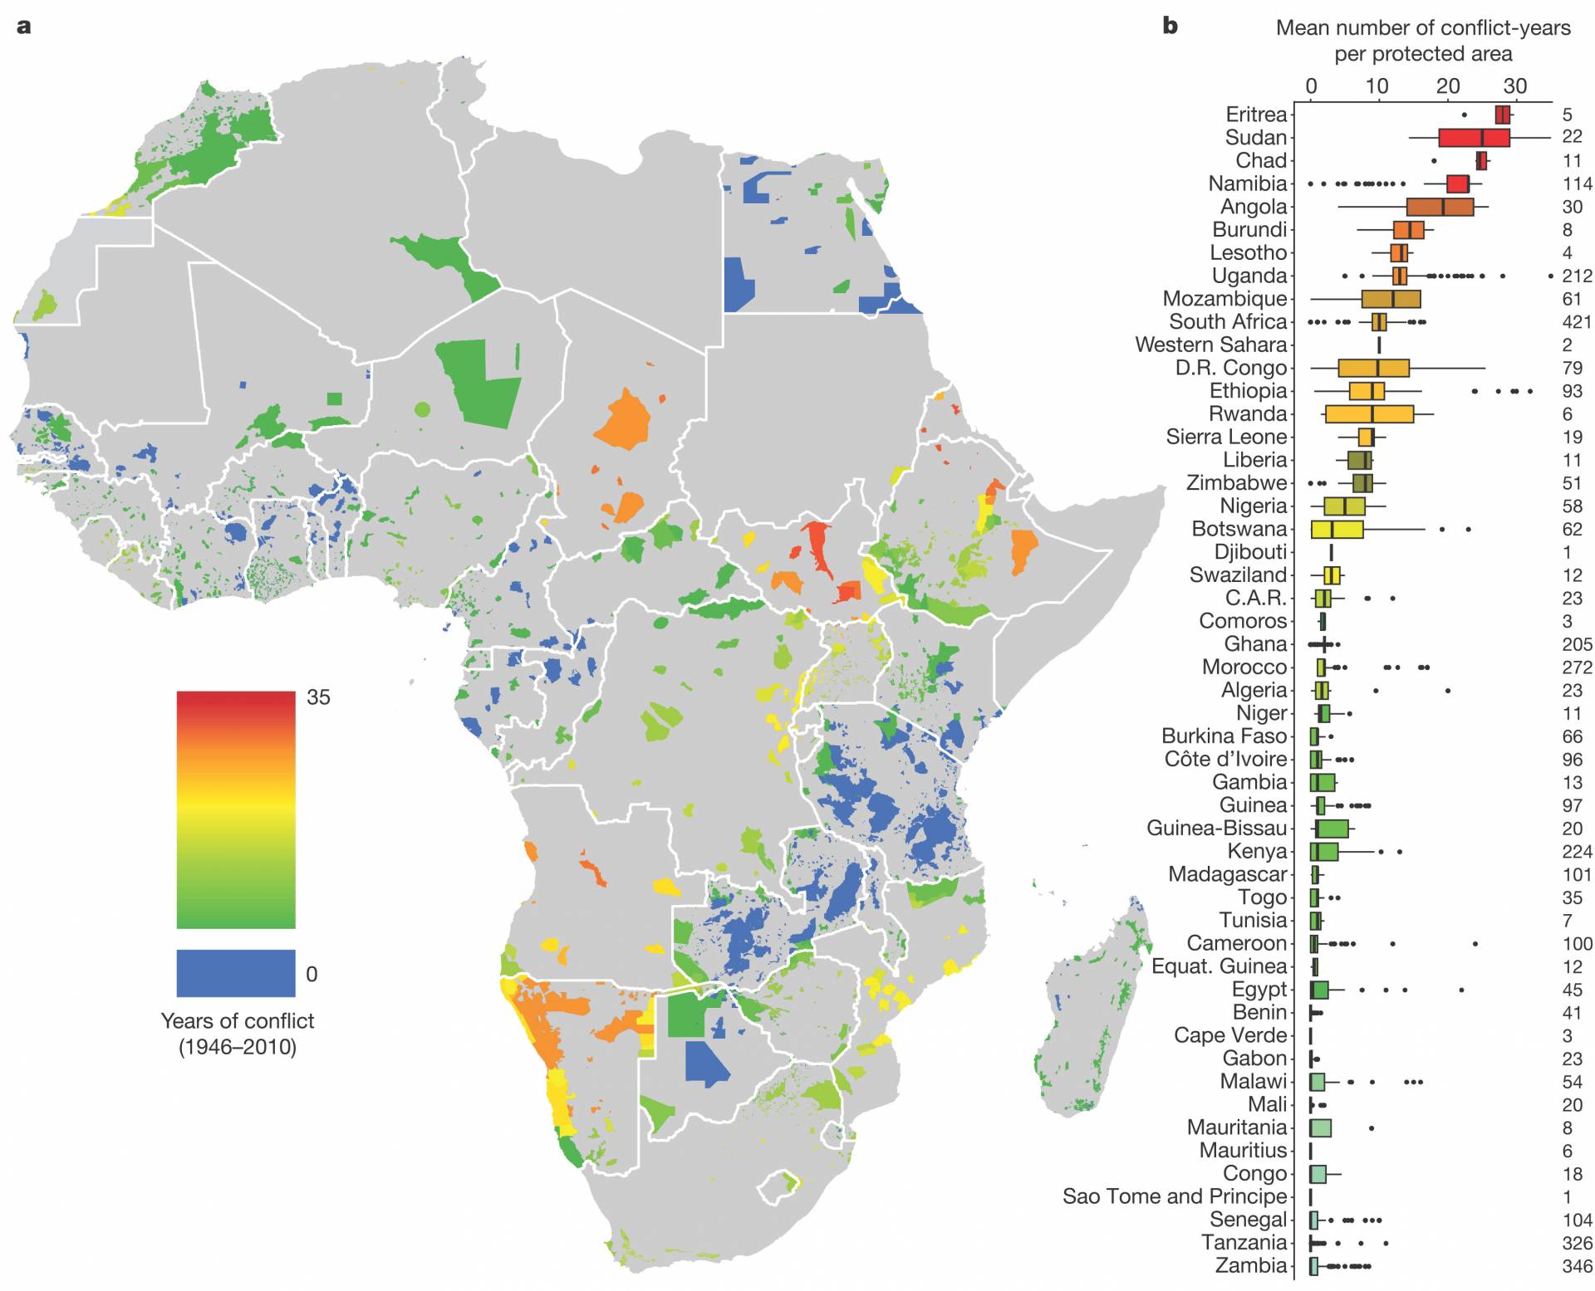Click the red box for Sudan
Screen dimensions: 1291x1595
1473,138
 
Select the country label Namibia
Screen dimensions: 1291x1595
1247,183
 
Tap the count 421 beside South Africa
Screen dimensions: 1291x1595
1576,322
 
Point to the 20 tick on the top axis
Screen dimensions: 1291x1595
1448,86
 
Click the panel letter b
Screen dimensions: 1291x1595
1170,26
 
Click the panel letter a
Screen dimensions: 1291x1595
24,26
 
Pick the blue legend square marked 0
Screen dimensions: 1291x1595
235,972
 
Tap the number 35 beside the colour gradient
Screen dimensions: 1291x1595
318,697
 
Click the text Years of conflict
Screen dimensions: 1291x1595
238,1020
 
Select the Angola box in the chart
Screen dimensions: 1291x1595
1439,207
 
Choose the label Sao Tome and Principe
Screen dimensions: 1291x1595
1174,1196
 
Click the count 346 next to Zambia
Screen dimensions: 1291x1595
1576,1266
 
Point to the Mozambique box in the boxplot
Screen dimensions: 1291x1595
1390,299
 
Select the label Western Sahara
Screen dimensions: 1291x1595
1210,345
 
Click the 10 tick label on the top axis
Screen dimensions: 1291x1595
1377,86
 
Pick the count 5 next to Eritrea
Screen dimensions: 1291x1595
1567,115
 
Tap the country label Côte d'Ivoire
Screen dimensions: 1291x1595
1225,759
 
